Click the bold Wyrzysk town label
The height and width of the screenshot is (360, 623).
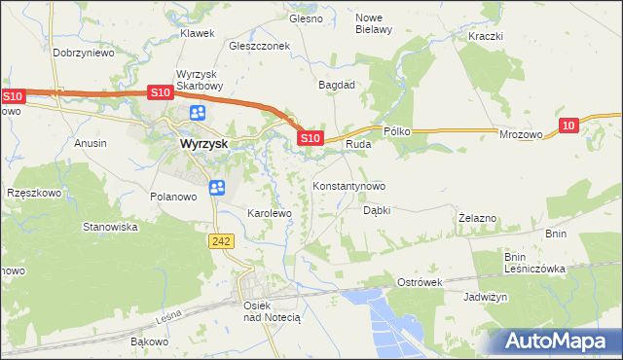click(204, 143)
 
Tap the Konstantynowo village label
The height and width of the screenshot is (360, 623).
click(348, 186)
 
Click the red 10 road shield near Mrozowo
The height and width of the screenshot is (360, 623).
click(569, 125)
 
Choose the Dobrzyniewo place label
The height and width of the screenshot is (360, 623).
click(84, 54)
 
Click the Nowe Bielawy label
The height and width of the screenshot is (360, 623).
click(374, 23)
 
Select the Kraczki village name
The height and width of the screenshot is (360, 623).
click(485, 36)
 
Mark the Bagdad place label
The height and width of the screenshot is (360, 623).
click(337, 85)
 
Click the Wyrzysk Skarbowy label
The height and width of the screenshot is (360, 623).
click(200, 79)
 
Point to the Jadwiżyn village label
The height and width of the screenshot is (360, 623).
click(486, 298)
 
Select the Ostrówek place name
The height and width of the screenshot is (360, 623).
click(421, 281)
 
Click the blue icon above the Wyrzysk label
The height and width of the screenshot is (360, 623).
click(199, 113)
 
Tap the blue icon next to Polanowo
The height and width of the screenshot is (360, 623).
click(217, 187)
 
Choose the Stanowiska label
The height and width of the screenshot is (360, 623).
click(110, 227)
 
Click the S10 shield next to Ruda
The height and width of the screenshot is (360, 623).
click(310, 139)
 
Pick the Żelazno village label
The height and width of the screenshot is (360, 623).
click(478, 219)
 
